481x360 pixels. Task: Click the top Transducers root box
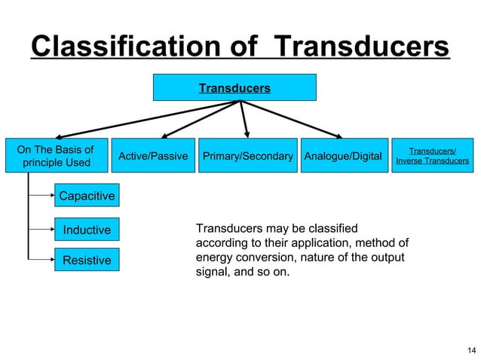(234, 88)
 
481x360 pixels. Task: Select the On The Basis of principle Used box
(57, 156)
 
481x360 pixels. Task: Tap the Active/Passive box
(153, 156)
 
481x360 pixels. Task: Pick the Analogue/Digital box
(342, 156)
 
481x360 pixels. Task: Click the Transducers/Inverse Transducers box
(432, 156)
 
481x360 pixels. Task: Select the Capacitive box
(87, 197)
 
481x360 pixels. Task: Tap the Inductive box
(87, 230)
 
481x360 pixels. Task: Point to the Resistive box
(87, 261)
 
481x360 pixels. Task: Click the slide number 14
(471, 349)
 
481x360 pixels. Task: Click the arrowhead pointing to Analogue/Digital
(339, 136)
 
